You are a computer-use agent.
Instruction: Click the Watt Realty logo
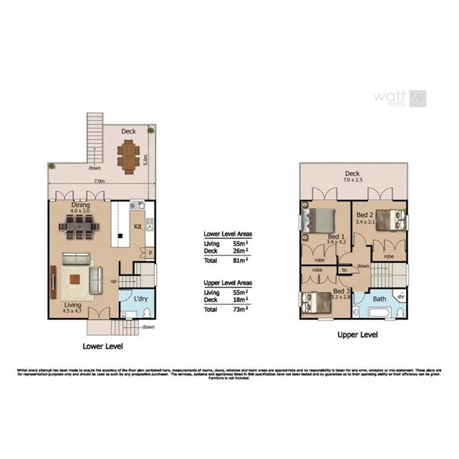pos(399,98)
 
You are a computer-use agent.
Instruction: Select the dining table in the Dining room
pos(79,227)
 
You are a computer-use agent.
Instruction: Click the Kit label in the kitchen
pos(138,227)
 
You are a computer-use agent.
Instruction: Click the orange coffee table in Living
pos(74,279)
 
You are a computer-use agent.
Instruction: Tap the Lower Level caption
pos(102,346)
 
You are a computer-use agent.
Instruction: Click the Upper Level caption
pos(358,334)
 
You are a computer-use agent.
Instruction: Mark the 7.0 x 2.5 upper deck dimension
pos(353,180)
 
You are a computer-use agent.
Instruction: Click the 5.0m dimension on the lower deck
pos(146,160)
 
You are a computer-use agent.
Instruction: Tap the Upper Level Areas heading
pos(228,283)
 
